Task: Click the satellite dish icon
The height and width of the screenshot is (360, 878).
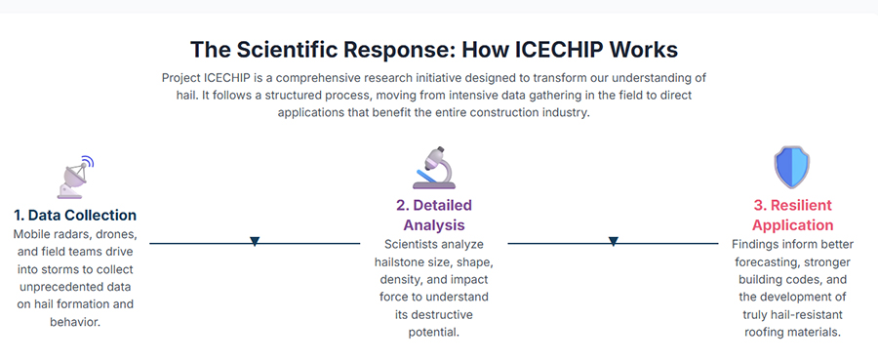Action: click(x=75, y=177)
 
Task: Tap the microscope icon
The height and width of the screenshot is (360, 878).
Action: click(x=434, y=168)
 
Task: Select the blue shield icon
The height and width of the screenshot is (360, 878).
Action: click(x=792, y=167)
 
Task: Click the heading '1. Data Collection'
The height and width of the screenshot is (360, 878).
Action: click(x=75, y=215)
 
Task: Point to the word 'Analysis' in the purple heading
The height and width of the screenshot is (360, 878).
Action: click(x=434, y=225)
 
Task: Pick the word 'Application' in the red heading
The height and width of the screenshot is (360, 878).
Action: click(x=792, y=225)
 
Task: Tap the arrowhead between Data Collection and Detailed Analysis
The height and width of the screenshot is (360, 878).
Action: click(x=255, y=242)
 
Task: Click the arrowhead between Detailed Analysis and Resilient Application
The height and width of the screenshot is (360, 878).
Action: click(x=614, y=242)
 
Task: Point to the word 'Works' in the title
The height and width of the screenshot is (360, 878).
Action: click(x=644, y=50)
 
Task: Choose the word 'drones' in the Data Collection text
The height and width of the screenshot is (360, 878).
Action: click(x=116, y=233)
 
